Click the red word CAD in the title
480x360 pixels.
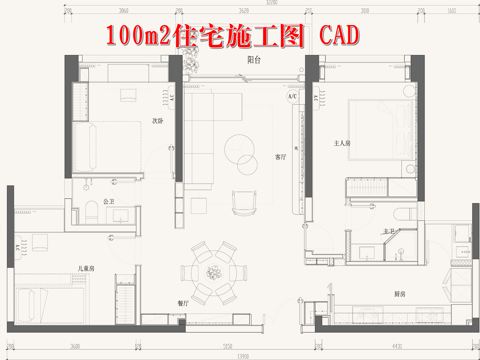[336, 36]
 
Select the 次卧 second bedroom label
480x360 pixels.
[157, 121]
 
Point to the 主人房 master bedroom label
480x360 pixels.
[343, 143]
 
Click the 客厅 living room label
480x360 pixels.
[281, 157]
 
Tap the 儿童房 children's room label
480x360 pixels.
[87, 268]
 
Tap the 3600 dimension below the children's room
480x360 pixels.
[47, 343]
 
